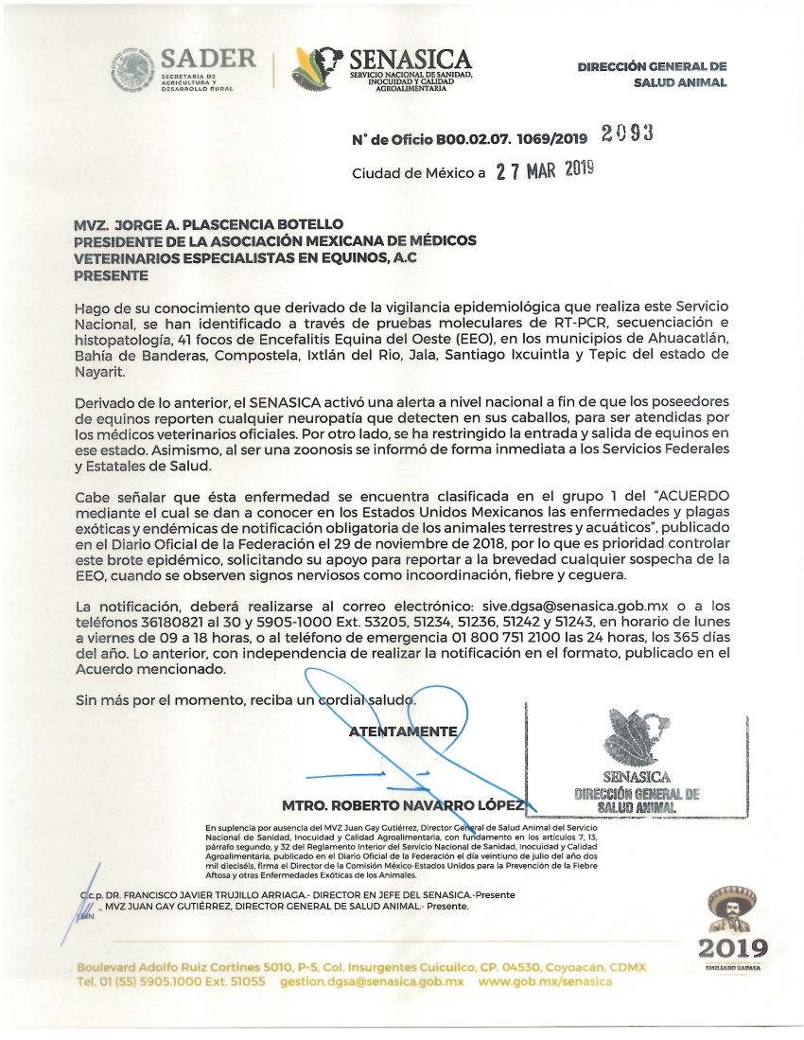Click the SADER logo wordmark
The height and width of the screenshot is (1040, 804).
[208, 59]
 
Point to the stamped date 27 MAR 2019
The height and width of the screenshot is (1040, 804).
[545, 172]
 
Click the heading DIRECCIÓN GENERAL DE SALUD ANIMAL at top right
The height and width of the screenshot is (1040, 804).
[653, 75]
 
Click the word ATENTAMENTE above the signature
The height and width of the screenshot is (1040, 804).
[404, 732]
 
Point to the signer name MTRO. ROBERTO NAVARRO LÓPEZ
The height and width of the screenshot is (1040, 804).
[403, 805]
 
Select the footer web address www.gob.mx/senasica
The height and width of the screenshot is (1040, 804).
[546, 981]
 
